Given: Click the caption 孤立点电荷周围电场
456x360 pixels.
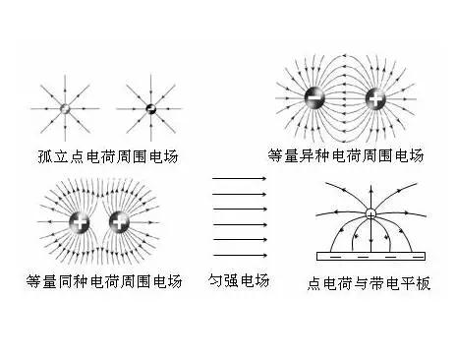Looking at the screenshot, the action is (108, 156).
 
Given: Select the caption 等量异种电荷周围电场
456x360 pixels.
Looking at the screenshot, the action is (346, 155).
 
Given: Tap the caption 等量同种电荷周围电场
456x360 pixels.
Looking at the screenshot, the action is (104, 281).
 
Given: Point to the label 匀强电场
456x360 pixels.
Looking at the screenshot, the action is (239, 280).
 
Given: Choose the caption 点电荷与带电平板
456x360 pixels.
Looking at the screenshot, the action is (369, 283).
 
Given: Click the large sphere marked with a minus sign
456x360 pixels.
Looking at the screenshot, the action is (314, 97).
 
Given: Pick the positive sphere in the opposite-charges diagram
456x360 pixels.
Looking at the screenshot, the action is (375, 98).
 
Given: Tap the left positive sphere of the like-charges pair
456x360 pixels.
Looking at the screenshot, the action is (80, 222).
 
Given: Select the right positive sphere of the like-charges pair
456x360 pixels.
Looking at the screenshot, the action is (119, 222).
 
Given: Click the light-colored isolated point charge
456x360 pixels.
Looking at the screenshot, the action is (65, 108).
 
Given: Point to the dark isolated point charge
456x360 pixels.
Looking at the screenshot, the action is (150, 108).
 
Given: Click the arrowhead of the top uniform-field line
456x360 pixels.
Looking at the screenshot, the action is (264, 178).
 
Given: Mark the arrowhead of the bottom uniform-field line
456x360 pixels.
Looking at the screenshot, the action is (264, 255).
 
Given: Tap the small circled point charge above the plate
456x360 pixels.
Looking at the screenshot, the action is (370, 214).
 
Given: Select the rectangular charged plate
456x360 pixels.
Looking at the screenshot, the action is (370, 256).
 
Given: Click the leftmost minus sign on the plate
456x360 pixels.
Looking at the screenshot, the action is (335, 257).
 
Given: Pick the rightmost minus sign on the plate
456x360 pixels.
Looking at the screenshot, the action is (418, 257).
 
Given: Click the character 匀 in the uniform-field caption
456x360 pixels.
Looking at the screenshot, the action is (215, 280).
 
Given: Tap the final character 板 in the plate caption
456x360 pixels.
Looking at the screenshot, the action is (424, 283).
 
